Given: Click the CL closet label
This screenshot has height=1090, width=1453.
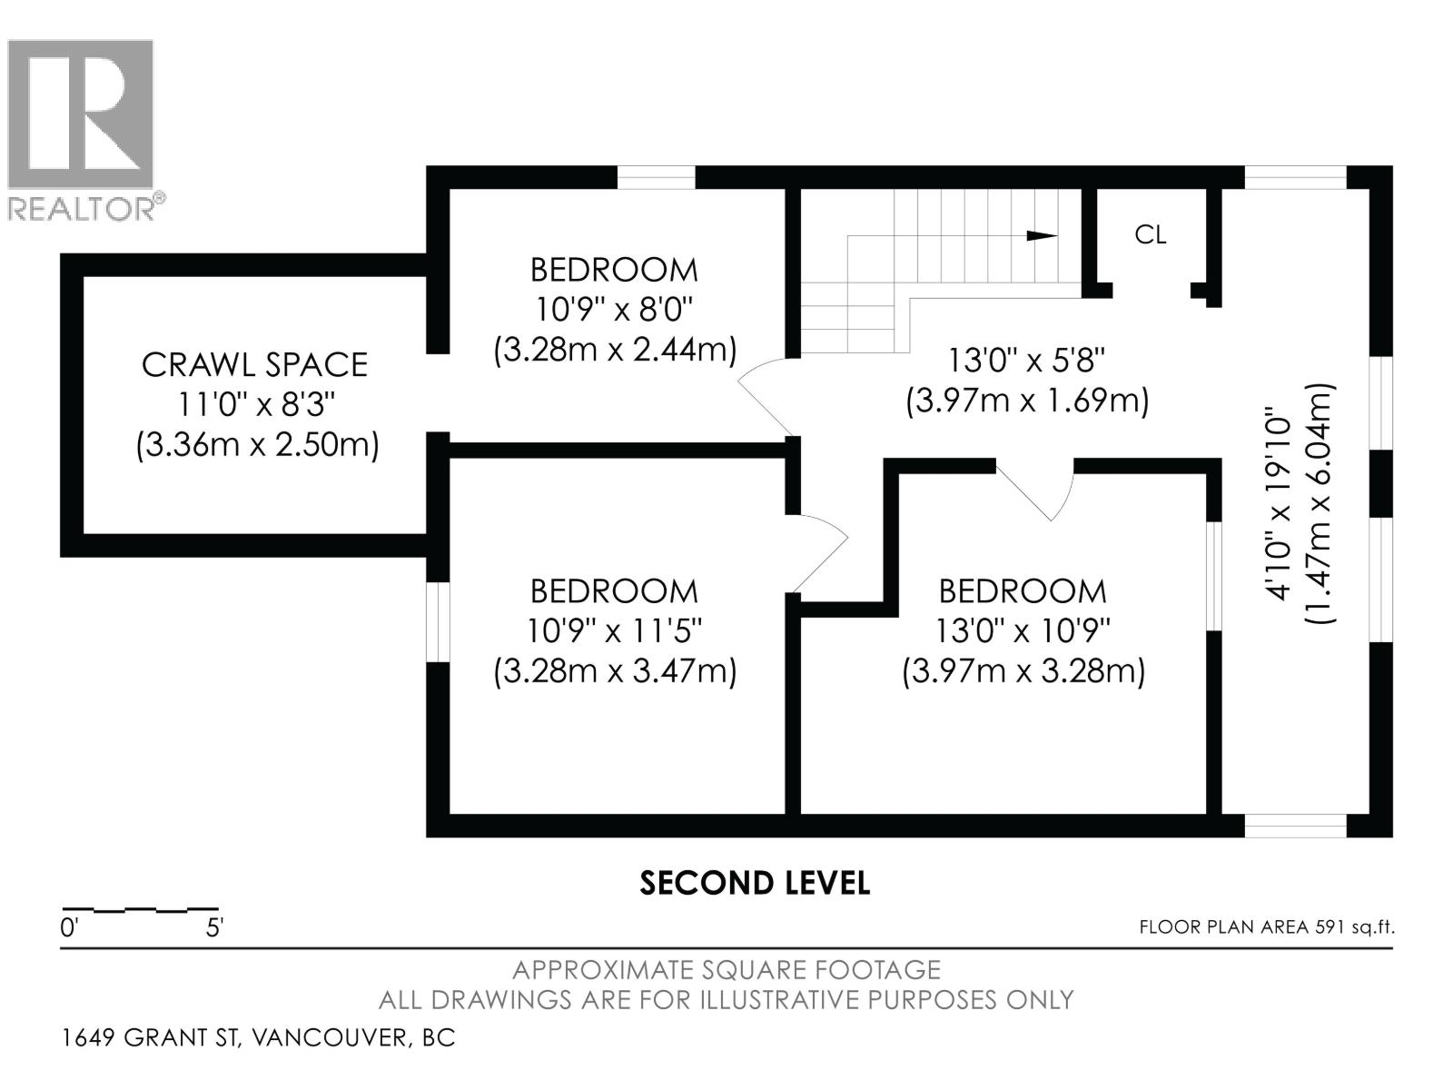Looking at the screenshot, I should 1150,235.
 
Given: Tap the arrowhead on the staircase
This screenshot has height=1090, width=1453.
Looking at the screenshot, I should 1041,235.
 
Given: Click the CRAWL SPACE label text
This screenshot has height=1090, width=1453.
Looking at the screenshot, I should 254,364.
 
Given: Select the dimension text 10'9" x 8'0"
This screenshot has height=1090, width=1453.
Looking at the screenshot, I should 614,310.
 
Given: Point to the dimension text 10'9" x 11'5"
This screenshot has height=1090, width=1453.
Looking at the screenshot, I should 614,630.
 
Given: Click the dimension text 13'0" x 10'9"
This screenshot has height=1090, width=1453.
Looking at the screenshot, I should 1023,630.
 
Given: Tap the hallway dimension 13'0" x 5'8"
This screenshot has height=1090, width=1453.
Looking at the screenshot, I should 1026,361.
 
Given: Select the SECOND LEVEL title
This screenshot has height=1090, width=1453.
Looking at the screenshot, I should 755,883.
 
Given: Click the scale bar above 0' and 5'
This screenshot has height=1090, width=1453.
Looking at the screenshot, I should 140,908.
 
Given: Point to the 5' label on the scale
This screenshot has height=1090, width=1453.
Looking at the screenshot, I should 215,929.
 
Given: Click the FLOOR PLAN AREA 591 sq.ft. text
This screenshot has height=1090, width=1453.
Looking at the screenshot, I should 1266,927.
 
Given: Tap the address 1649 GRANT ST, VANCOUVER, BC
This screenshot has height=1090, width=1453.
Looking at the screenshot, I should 258,1037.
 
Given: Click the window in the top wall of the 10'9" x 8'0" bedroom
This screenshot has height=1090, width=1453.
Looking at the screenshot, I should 656,177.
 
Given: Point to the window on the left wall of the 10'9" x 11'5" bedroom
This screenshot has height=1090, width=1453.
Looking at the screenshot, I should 438,622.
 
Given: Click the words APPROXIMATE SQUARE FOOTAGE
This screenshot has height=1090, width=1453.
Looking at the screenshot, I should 726,970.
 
